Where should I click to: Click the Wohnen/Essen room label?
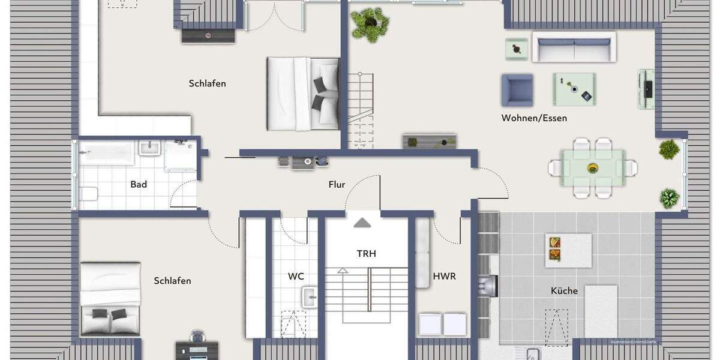(x=534, y=118)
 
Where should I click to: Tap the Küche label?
(x=564, y=291)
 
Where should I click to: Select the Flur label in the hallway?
(x=337, y=185)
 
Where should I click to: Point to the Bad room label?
(x=139, y=184)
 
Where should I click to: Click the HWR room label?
(x=444, y=277)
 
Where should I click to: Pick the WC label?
(x=296, y=277)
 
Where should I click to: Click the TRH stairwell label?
(x=366, y=254)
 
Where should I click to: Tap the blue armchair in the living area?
(x=517, y=90)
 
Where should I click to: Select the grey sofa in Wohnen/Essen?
(x=574, y=47)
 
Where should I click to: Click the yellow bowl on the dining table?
(x=592, y=167)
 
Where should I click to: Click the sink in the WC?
(x=310, y=296)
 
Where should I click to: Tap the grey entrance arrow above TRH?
(x=362, y=223)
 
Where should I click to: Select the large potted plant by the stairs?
(x=369, y=23)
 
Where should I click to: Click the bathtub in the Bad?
(x=106, y=153)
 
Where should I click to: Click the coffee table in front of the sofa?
(x=574, y=89)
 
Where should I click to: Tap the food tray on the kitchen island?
(x=554, y=249)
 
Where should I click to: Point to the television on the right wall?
(x=647, y=89)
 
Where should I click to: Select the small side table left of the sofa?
(x=516, y=49)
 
